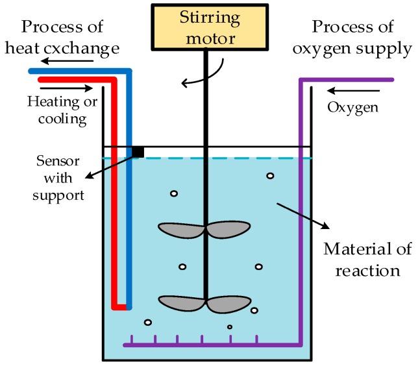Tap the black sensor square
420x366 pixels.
[x=138, y=151]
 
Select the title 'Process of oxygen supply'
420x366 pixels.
[x=362, y=38]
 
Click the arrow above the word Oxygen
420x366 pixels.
[x=340, y=91]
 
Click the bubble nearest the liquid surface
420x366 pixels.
[x=270, y=176]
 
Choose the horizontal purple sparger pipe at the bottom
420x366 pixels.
[x=208, y=345]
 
